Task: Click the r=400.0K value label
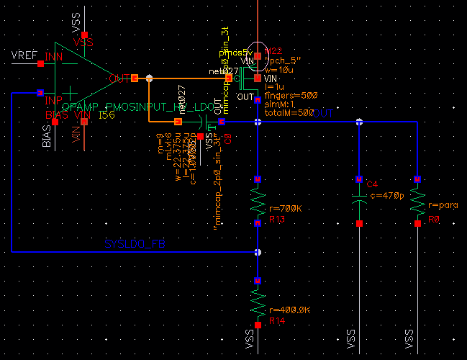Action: (x=286, y=310)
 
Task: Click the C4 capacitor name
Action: (x=372, y=185)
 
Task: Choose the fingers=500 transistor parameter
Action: (x=292, y=95)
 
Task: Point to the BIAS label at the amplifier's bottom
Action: (x=47, y=135)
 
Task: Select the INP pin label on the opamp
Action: (x=54, y=99)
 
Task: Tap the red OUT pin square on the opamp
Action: (x=135, y=78)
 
